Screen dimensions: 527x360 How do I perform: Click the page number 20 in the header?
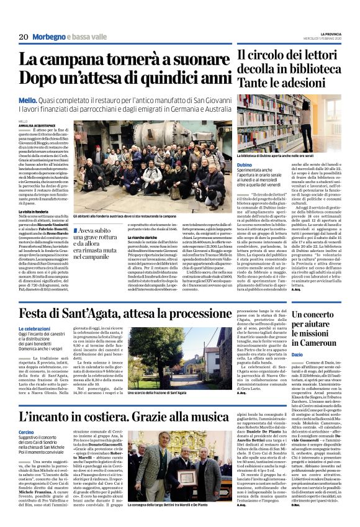pyautogui.click(x=24, y=38)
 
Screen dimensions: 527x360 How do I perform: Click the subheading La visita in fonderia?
pyautogui.click(x=32, y=229)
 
